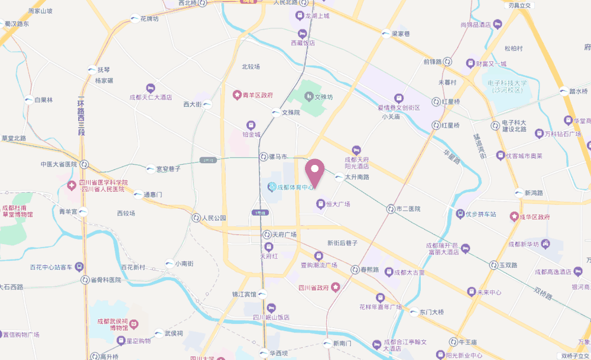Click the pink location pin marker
[x=314, y=170]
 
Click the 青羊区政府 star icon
[x=237, y=95]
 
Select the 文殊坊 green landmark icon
[x=308, y=96]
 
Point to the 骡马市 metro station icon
[x=264, y=157]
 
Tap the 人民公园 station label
[x=214, y=218]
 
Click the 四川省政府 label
[x=313, y=288]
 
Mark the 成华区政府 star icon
[x=514, y=217]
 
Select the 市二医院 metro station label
[x=408, y=209]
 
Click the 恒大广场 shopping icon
[x=320, y=203]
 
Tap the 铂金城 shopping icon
[x=251, y=125]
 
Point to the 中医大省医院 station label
[x=59, y=164]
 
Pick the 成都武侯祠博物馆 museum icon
[x=134, y=324]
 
